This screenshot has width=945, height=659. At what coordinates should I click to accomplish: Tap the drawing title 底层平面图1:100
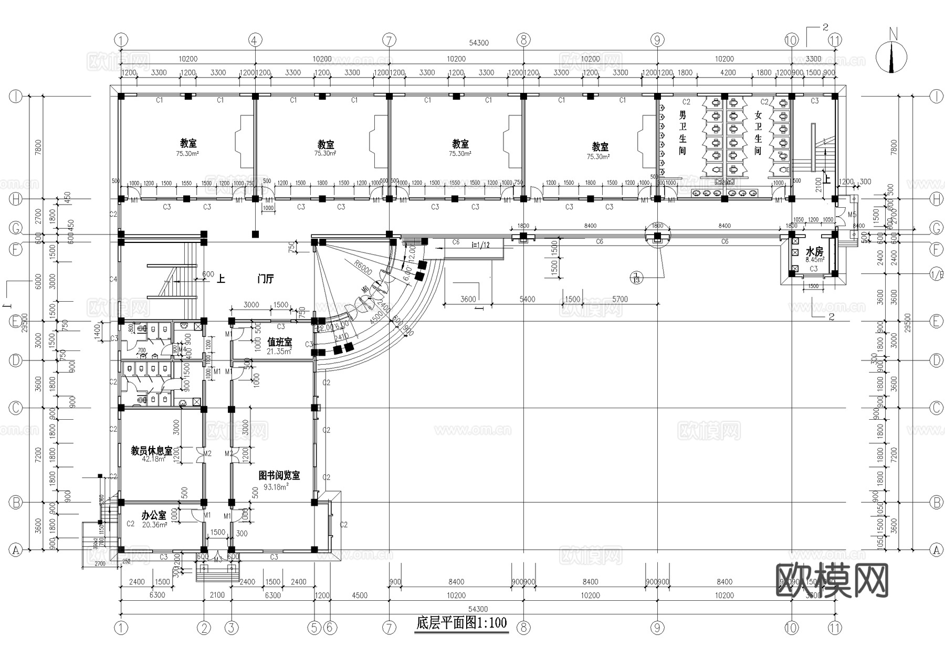pyautogui.click(x=461, y=623)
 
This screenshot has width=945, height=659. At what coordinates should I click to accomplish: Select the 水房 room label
pyautogui.click(x=814, y=252)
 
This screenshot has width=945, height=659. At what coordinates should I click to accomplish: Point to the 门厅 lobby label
pyautogui.click(x=266, y=279)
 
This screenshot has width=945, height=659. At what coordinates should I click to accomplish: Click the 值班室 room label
pyautogui.click(x=279, y=342)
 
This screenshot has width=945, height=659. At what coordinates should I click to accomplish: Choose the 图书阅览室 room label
pyautogui.click(x=279, y=475)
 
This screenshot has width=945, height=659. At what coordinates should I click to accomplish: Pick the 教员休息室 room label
pyautogui.click(x=152, y=451)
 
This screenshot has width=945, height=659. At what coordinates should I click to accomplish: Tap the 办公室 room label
pyautogui.click(x=154, y=516)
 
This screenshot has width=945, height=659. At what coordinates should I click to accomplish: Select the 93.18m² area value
pyautogui.click(x=276, y=487)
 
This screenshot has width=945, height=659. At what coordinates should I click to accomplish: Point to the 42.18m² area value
pyautogui.click(x=154, y=459)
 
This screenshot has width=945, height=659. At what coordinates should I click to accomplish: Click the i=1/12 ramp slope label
pyautogui.click(x=480, y=245)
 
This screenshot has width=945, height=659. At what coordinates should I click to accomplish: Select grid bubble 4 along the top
pyautogui.click(x=255, y=40)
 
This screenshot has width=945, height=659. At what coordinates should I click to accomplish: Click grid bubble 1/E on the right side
pyautogui.click(x=936, y=273)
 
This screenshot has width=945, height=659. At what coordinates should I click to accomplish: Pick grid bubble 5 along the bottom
pyautogui.click(x=314, y=628)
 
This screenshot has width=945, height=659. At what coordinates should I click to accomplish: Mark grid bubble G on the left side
pyautogui.click(x=16, y=229)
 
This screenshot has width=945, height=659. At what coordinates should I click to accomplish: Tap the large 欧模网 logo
pyautogui.click(x=832, y=580)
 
